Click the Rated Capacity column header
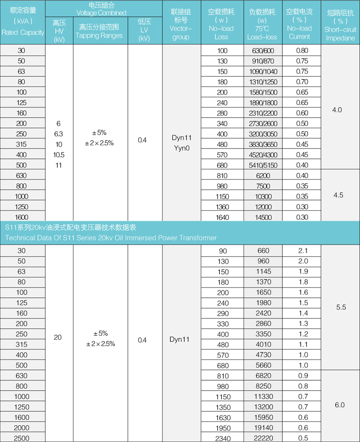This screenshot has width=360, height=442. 23,22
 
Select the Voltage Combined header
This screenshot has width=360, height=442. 101,9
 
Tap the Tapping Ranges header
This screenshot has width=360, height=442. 99,31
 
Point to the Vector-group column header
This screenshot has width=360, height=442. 181,24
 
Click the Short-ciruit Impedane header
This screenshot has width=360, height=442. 340,25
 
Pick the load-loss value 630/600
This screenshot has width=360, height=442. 263,51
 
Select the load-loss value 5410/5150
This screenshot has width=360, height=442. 263,165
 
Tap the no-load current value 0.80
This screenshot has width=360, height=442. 302,50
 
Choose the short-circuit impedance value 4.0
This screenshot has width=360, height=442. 337,110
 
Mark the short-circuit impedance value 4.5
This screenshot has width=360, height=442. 338,195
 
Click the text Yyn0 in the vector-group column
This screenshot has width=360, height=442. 182,148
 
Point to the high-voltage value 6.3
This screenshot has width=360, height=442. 58,134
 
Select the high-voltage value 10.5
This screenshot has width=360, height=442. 59,155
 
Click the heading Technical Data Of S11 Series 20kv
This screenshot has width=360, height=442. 111,238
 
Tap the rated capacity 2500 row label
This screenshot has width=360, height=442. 22,438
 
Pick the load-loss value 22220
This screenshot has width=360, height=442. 263,438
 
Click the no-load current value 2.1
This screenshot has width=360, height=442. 303,251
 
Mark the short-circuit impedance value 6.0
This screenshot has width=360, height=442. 340,405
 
